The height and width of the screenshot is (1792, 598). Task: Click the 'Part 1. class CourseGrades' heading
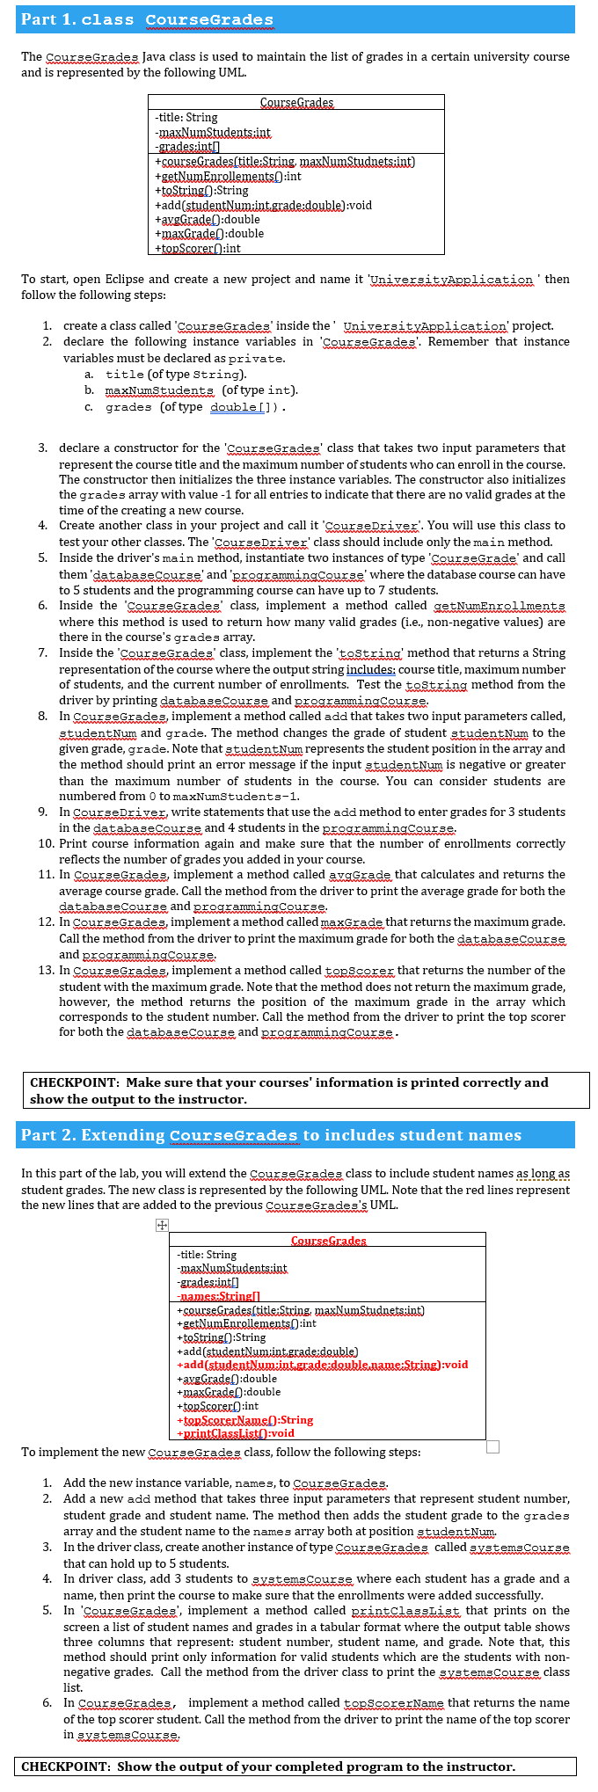point(147,19)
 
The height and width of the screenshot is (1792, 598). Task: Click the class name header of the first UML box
point(296,103)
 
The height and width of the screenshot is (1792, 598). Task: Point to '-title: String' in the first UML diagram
point(186,117)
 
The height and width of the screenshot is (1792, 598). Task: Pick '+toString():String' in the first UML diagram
point(201,190)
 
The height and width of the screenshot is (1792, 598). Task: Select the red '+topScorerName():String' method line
point(245,1419)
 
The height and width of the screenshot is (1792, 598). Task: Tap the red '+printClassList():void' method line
point(236,1432)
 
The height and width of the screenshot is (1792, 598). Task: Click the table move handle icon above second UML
point(162,1225)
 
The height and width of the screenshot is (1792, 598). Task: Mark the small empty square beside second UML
point(492,1446)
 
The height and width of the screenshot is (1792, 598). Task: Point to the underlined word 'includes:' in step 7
point(370,669)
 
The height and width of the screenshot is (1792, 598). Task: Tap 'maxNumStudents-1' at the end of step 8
point(248,796)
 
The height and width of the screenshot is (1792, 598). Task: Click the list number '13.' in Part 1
point(47,970)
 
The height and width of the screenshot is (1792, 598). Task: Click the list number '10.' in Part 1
point(47,843)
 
